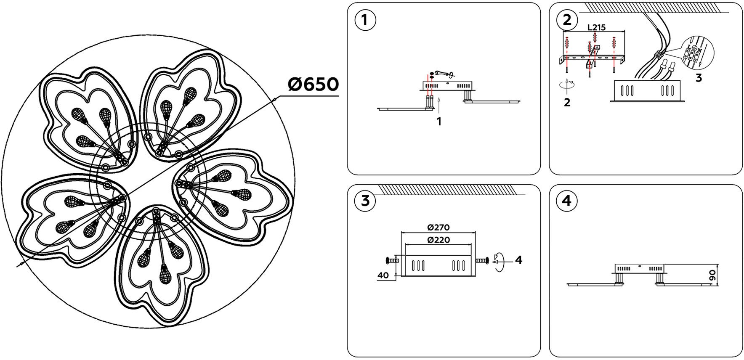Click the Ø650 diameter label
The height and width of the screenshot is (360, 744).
tap(313, 85)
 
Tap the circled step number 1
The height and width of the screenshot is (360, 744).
tap(365, 21)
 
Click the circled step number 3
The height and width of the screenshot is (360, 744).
tap(365, 201)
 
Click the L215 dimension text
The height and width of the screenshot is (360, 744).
tap(596, 28)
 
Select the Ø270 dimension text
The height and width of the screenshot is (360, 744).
tap(438, 228)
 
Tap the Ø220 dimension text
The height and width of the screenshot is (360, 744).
tap(438, 240)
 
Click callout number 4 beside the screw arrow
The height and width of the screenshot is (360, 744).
tap(519, 260)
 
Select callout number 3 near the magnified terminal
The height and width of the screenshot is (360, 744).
tap(699, 78)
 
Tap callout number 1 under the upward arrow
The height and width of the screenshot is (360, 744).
tap(439, 122)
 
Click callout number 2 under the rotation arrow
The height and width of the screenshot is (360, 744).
tap(567, 102)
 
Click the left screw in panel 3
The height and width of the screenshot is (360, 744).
tap(391, 261)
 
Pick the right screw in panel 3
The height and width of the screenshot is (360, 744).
tap(482, 261)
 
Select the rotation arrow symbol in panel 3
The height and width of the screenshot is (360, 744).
tap(498, 261)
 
